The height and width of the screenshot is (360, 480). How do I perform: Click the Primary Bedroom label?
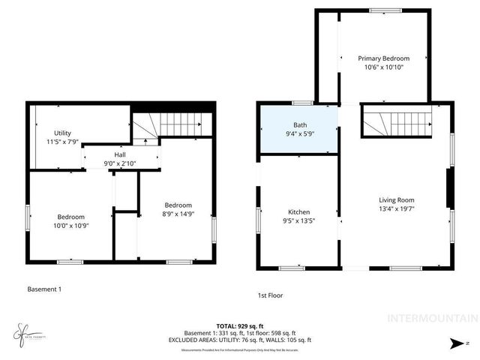(x=383, y=58)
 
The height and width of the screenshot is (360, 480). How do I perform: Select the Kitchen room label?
(x=298, y=212)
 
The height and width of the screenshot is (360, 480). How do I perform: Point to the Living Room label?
(x=396, y=200)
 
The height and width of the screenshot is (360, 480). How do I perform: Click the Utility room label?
(x=62, y=133)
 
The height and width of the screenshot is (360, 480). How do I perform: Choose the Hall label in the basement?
(x=120, y=154)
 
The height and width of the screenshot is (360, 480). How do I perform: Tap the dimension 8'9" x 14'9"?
(x=178, y=214)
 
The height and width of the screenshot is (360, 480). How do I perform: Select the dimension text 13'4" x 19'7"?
(x=396, y=210)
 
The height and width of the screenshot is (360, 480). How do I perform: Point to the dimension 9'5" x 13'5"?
(x=298, y=222)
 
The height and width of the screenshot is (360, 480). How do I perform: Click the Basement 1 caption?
(x=44, y=289)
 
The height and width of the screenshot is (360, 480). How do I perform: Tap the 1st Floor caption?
(x=270, y=295)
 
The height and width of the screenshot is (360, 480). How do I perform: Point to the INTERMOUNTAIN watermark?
(x=431, y=318)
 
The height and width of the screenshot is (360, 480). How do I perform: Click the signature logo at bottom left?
(x=24, y=331)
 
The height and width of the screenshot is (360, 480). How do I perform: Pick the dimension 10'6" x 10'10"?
(x=383, y=67)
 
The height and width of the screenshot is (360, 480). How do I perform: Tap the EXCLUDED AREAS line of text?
(x=239, y=339)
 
